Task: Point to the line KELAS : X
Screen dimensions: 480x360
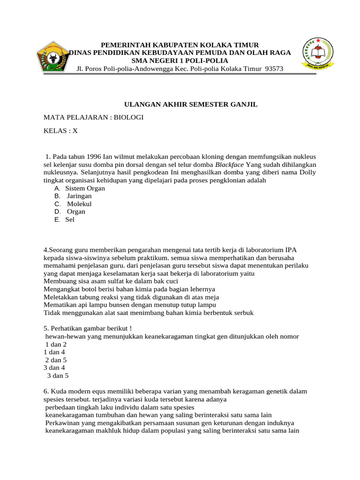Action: click(60, 131)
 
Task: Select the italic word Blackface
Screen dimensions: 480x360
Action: click(230, 165)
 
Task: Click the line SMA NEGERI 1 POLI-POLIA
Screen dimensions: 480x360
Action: click(180, 61)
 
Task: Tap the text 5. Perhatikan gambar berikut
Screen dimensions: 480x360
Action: click(91, 328)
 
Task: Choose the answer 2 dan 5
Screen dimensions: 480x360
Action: click(56, 360)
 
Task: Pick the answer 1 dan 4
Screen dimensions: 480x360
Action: click(54, 352)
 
